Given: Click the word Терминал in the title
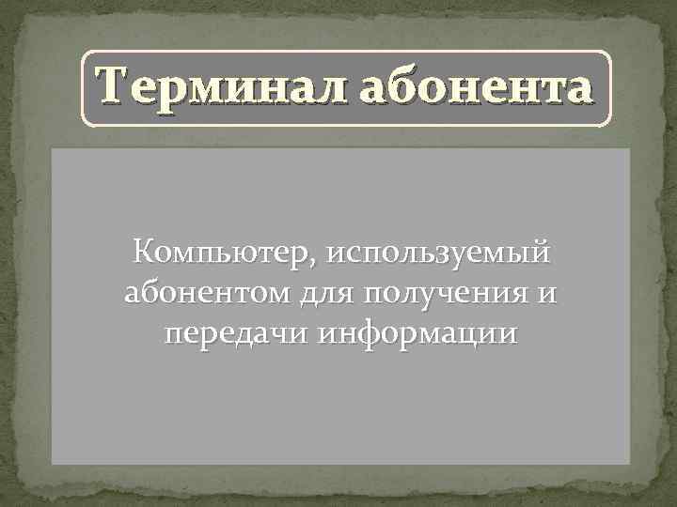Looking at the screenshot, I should point(221,88).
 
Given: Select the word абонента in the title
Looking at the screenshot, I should point(477,88).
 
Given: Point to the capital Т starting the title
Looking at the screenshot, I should point(114,88).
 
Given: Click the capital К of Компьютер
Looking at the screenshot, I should point(146,253).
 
